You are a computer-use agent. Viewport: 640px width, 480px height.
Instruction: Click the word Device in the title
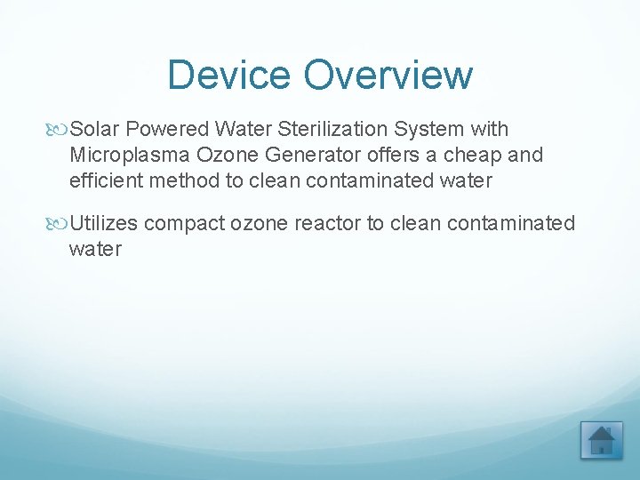[229, 75]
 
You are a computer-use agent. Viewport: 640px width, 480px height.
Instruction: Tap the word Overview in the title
[388, 75]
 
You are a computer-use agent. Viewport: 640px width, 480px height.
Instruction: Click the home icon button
[601, 440]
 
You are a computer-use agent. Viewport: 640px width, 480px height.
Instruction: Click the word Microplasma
[130, 155]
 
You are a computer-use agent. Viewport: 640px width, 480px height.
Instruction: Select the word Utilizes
[104, 223]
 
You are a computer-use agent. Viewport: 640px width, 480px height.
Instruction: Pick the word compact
[185, 223]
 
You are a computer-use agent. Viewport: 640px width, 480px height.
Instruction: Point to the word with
[489, 130]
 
